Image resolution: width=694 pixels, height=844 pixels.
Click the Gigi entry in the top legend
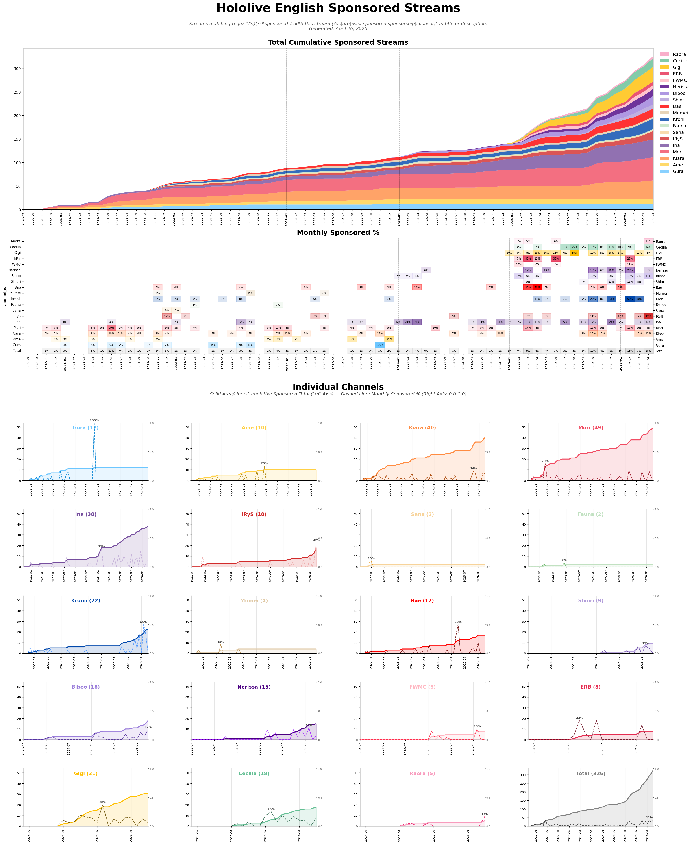[x=677, y=67]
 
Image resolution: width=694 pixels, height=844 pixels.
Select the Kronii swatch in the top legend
[x=664, y=119]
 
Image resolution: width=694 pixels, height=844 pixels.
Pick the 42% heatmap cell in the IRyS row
[x=648, y=316]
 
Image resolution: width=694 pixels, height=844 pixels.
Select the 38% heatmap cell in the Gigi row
[x=574, y=253]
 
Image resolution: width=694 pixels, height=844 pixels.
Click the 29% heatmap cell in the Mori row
[x=111, y=328]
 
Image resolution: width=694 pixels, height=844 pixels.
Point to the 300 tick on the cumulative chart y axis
[x=17, y=68]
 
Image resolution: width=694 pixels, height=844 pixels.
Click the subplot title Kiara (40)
[x=422, y=428]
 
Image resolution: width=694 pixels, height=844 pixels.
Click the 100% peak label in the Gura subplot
[x=94, y=420]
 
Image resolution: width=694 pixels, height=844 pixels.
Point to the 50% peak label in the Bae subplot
[x=458, y=622]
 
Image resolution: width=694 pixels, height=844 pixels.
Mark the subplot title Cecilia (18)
[x=254, y=774]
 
